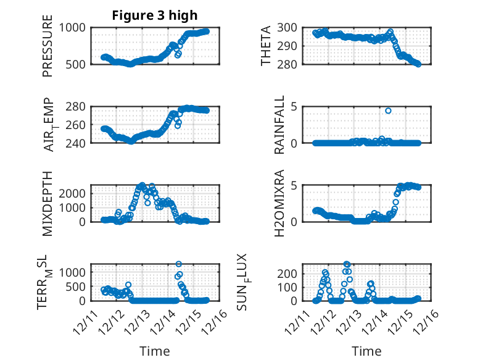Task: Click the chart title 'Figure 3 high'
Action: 155,15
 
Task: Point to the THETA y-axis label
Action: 266,46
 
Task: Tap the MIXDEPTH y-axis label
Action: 48,203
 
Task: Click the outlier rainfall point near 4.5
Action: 388,111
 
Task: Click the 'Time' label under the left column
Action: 155,351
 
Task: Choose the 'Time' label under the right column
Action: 366,351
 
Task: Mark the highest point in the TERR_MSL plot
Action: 178,264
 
